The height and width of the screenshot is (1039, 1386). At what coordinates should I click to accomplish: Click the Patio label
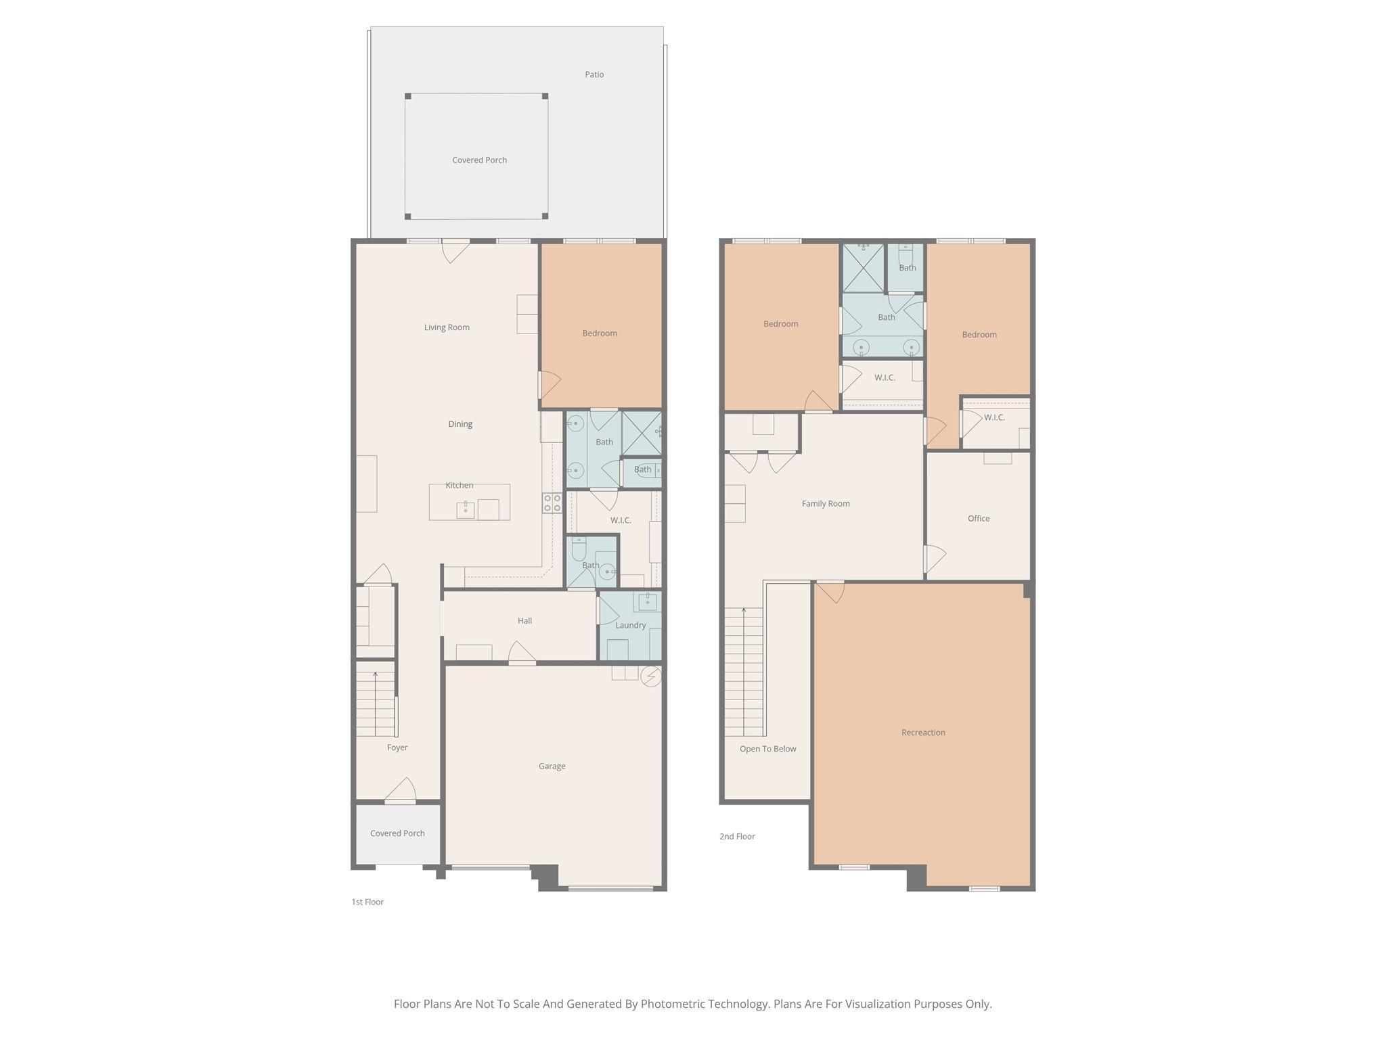pos(594,74)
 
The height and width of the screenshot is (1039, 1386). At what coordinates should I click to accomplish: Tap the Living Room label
pos(447,327)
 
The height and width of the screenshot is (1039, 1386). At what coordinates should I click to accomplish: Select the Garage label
pos(552,766)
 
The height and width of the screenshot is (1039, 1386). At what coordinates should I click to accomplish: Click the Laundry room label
pos(630,626)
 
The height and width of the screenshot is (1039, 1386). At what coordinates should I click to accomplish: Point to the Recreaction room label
pos(923,733)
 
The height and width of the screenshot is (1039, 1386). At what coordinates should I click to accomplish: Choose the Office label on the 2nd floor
pos(978,519)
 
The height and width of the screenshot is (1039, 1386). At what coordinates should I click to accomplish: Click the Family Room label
pos(825,504)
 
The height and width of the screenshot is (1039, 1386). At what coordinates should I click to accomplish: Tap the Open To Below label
pos(767,749)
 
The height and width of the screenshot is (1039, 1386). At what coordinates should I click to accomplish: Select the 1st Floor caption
pos(367,902)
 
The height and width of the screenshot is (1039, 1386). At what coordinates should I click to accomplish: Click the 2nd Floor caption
pos(737,837)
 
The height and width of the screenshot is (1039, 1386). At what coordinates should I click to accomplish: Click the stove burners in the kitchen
pos(552,503)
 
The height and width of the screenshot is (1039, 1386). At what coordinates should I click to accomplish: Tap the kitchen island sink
pos(466,510)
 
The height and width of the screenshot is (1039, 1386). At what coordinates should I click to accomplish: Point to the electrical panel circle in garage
pos(650,676)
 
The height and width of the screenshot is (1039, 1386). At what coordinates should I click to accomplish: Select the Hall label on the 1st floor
pos(524,621)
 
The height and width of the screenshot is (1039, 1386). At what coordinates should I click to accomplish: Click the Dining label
pos(460,424)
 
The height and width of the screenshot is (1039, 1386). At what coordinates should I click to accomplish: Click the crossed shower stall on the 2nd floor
pos(862,268)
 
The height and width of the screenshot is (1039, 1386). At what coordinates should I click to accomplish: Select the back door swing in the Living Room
pos(455,252)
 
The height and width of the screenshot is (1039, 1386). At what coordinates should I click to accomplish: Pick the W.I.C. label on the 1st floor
pos(621,520)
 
